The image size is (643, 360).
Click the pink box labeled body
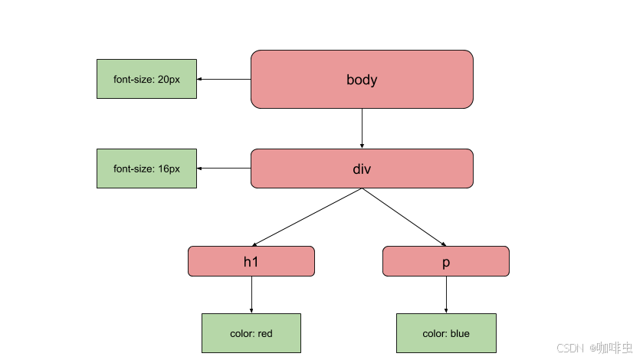point(362,80)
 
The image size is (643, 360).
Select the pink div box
point(362,169)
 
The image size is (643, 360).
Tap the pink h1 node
point(251,261)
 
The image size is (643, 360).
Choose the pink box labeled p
point(445,261)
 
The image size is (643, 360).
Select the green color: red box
point(251,333)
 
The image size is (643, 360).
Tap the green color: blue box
point(446,333)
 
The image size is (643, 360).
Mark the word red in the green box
point(265,333)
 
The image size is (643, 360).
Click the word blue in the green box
point(460,333)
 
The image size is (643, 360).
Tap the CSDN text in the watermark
point(569,347)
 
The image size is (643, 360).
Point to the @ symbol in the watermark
point(592,347)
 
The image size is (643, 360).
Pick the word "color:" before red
point(242,333)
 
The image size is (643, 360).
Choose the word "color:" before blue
point(435,333)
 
